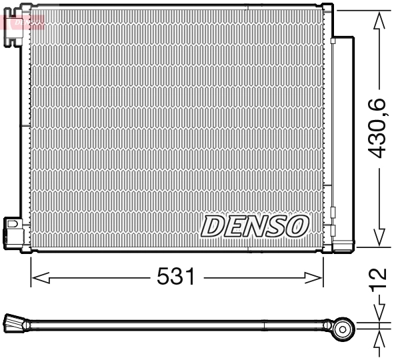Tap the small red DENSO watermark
click(x=25, y=22)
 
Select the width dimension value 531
click(x=177, y=276)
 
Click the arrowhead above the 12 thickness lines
click(x=379, y=313)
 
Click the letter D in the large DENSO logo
click(x=211, y=227)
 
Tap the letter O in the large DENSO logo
click(x=297, y=227)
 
